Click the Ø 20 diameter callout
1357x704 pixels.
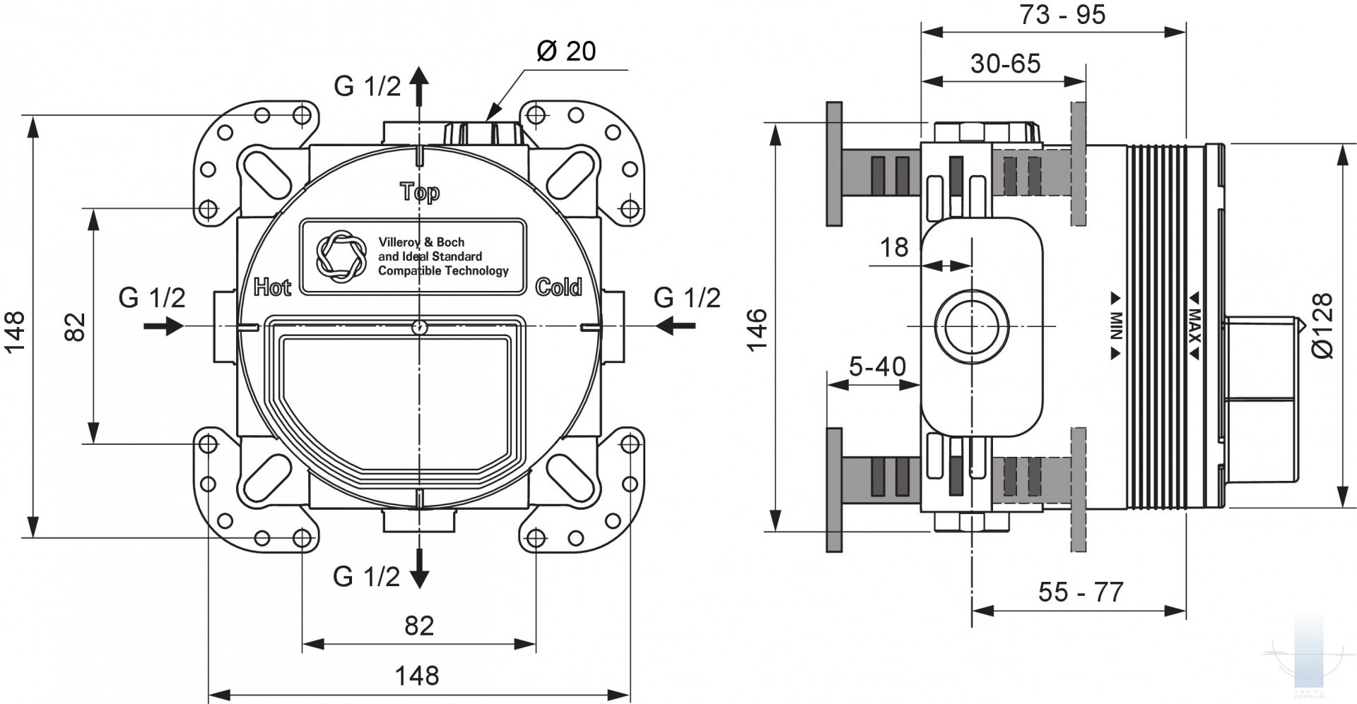566,51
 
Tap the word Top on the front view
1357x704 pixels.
420,192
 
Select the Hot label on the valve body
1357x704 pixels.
272,287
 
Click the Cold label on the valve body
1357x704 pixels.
558,287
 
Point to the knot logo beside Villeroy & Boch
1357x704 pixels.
341,255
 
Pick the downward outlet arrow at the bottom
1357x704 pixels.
420,568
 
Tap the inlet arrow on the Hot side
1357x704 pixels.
164,326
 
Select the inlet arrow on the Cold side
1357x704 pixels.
675,326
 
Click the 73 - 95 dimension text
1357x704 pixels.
1062,15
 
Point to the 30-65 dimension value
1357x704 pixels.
1005,64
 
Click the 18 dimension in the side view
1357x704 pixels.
894,248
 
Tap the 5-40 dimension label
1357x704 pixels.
877,366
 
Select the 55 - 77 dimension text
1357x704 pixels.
1081,592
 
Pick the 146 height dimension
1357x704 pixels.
756,329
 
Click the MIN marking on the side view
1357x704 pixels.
1116,326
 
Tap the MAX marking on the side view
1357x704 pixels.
1194,326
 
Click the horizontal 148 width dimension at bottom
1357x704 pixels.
417,676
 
